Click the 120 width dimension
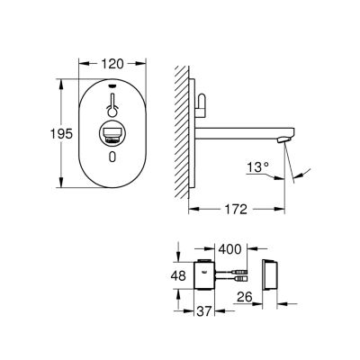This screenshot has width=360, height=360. (x=112, y=64)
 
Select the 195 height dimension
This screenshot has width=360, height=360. (x=61, y=133)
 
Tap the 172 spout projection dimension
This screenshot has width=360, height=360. (x=236, y=209)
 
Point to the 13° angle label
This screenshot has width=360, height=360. (x=258, y=167)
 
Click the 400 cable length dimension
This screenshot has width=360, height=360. (x=229, y=249)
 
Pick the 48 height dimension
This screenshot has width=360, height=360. (x=178, y=275)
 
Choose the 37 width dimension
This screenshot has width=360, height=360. (x=204, y=311)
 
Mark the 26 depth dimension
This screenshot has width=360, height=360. (x=245, y=297)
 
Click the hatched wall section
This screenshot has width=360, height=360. (x=182, y=132)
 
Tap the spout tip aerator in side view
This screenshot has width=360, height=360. (x=283, y=139)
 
